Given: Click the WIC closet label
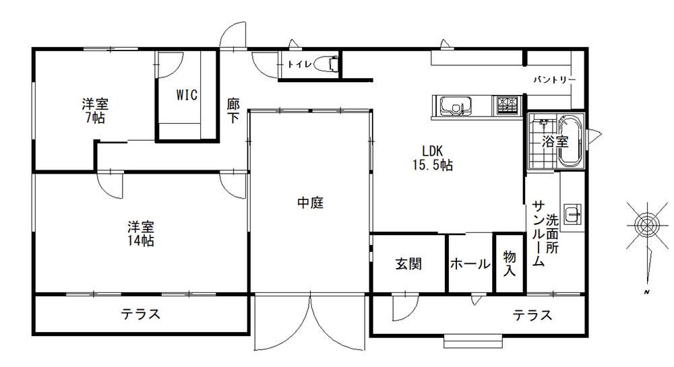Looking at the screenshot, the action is pos(187,95).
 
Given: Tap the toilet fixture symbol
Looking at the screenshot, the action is pos(326,64).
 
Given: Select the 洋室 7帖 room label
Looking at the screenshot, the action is pos(95,110).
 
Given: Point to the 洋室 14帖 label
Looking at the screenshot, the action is pos(141,234).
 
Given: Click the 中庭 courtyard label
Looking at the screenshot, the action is pos(310,203).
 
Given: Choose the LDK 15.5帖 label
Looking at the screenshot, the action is pos(433,158).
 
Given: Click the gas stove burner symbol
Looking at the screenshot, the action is pos(508,105).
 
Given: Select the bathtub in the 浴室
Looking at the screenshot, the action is pos(570,141).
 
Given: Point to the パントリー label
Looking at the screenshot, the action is pos(554,80).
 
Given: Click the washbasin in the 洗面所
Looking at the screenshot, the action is pos(572,213).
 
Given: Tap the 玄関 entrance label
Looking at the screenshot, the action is pos(408,263).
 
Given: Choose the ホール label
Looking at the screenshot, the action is pos(470,263).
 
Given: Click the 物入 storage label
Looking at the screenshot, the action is pos(510,263).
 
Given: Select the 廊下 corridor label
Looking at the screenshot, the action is pos(233,110).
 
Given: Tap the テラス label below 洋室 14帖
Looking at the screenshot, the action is pos(141,314).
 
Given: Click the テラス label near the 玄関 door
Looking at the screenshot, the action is pos(532,316).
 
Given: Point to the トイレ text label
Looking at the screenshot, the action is pos(299,65).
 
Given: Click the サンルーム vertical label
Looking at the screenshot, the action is pos(539,234).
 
